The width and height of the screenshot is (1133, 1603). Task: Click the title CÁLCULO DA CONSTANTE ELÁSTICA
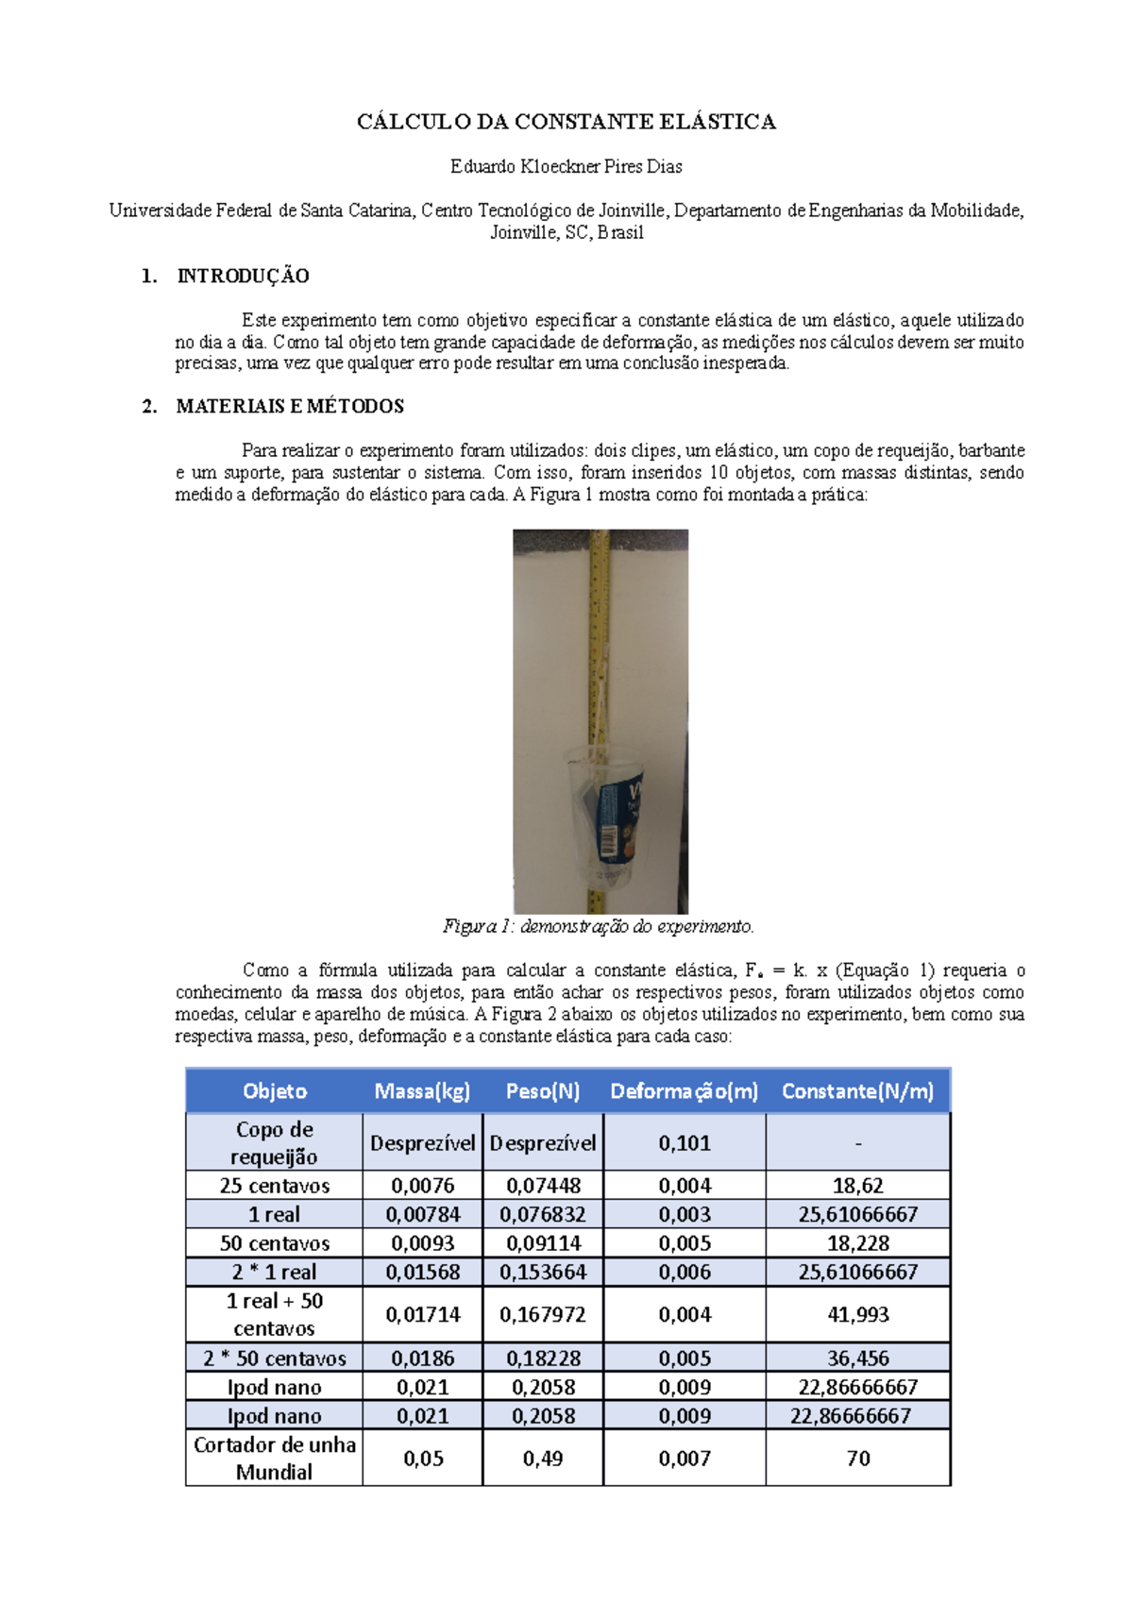[x=566, y=122]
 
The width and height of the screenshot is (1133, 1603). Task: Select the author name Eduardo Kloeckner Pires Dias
[x=566, y=167]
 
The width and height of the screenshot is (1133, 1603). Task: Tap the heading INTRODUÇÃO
[x=243, y=277]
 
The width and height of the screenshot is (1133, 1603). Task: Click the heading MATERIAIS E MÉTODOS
[x=290, y=407]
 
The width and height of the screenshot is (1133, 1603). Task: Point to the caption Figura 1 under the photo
[x=598, y=927]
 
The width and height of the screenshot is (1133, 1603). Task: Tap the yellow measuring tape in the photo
[x=598, y=614]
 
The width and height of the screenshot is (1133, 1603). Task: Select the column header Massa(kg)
[x=422, y=1091]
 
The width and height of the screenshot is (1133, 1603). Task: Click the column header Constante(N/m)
[x=857, y=1091]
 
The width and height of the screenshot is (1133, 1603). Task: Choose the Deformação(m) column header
[x=684, y=1091]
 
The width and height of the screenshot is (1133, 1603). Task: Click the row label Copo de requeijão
[x=274, y=1143]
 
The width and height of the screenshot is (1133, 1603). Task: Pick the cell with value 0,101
[x=684, y=1143]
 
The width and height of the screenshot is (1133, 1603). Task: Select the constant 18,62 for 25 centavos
[x=857, y=1186]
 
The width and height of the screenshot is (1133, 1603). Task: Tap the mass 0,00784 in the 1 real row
[x=422, y=1215]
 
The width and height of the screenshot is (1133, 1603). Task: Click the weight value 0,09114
[x=543, y=1243]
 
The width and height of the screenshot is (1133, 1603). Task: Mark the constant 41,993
[x=857, y=1314]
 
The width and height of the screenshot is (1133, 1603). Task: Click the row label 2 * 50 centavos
[x=274, y=1358]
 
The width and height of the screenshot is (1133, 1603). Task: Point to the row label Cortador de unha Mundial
[x=274, y=1459]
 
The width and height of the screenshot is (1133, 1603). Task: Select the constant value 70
[x=857, y=1459]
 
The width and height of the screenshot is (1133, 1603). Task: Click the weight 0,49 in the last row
[x=543, y=1459]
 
